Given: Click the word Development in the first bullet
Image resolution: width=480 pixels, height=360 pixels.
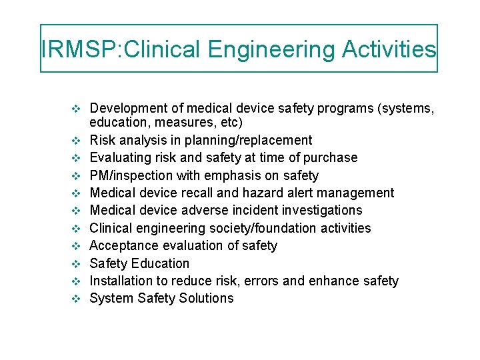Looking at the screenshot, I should pos(127,108).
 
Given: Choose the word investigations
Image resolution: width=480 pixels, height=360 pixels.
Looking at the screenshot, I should pos(312,210).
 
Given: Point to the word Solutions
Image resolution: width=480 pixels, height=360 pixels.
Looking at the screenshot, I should pos(206,298).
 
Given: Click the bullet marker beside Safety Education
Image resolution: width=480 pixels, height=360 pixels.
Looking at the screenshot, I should pos(75,263).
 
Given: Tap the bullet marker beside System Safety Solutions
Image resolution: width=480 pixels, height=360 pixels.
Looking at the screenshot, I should pos(75,298).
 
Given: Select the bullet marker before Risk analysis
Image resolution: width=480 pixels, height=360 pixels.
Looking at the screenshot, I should pos(75,140).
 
